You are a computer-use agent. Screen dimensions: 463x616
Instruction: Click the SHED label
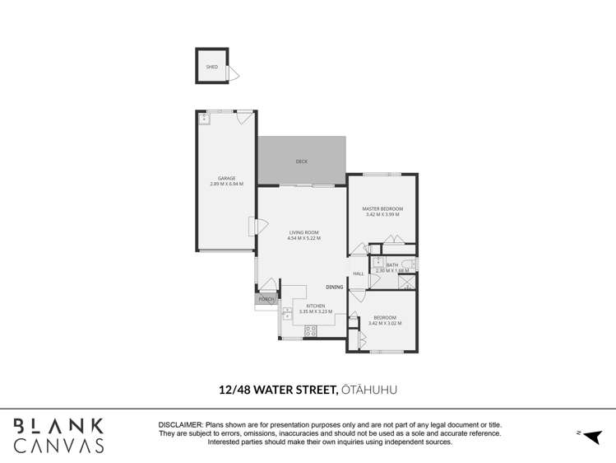pos(212,67)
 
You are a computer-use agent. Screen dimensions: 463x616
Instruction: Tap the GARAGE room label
pos(226,178)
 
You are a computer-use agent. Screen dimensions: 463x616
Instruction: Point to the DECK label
pos(301,161)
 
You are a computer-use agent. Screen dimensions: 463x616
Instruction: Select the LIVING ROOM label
pos(303,232)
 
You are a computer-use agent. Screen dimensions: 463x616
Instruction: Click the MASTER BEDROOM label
pos(382,209)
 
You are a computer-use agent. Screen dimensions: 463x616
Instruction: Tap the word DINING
pos(334,287)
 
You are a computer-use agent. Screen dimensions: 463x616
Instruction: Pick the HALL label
pos(359,274)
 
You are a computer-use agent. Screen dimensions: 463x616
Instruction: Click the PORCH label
pos(266,300)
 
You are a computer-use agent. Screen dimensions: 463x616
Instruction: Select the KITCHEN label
pos(305,306)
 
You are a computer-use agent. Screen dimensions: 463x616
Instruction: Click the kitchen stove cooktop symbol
pos(311,330)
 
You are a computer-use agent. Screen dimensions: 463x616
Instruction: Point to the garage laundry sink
pos(204,119)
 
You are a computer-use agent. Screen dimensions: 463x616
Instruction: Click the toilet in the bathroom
pos(414,264)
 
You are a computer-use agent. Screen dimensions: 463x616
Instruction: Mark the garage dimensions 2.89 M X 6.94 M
pos(226,184)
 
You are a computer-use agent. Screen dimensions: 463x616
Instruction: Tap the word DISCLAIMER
pos(180,423)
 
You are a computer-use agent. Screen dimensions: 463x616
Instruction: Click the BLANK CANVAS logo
pos(58,435)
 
